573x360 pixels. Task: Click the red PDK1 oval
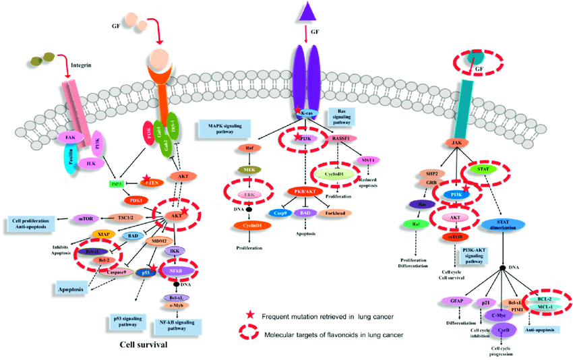(135, 200)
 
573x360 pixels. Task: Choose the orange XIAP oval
(102, 233)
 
